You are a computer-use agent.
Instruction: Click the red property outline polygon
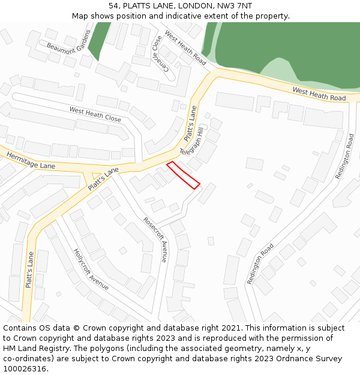[183, 175]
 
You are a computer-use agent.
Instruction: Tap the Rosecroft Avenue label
[155, 239]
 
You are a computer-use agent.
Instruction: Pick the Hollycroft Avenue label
[91, 269]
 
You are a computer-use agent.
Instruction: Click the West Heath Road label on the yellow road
[319, 94]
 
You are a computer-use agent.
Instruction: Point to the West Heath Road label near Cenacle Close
[185, 48]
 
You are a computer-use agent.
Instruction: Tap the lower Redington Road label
[264, 256]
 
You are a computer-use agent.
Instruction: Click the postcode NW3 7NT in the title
[236, 6]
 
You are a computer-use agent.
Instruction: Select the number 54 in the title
[113, 6]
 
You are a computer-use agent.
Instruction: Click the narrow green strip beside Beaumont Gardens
[97, 41]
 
